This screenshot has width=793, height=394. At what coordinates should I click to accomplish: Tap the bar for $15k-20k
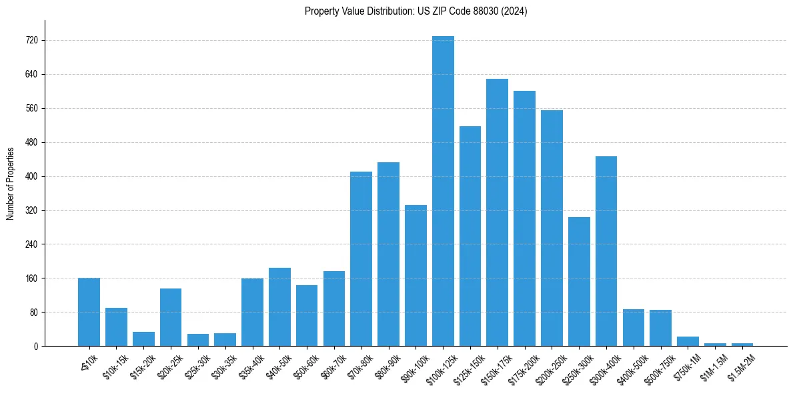pos(143,339)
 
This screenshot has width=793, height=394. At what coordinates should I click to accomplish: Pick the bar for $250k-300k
pos(579,281)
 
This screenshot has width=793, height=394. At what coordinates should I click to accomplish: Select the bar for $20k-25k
pos(171,317)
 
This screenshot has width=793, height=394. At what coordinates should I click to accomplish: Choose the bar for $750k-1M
pos(688,341)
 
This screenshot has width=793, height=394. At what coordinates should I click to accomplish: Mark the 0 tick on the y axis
pos(36,346)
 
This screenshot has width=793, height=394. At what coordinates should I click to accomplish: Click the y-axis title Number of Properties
pos(10,183)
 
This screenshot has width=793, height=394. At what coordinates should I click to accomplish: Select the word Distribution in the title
pos(377,11)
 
